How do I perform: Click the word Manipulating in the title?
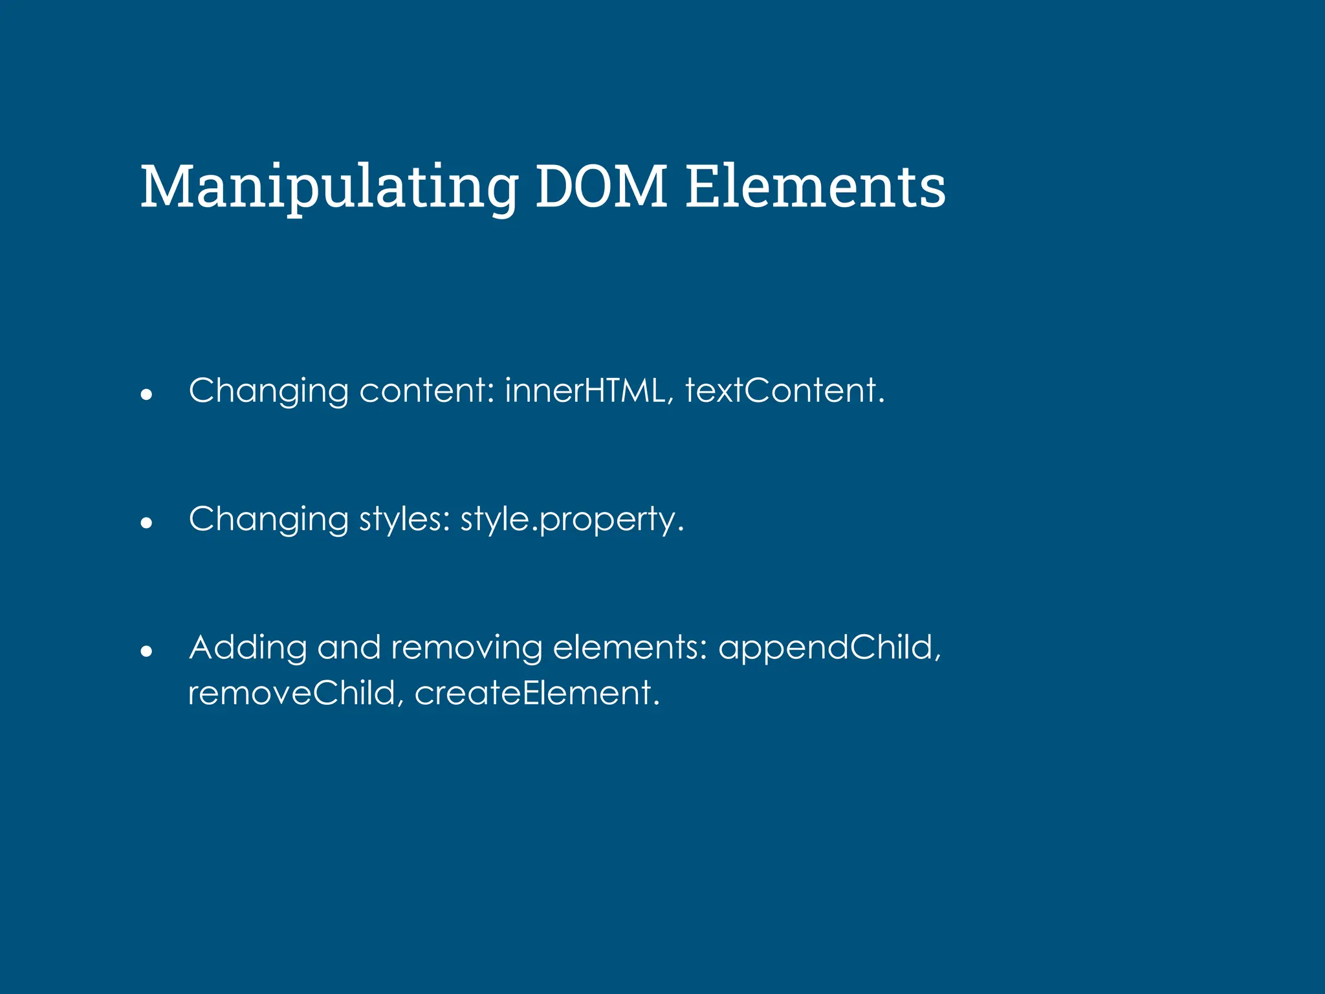[x=329, y=188]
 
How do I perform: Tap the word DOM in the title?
[x=601, y=188]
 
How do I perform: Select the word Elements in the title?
[x=815, y=188]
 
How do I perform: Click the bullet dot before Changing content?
[x=146, y=393]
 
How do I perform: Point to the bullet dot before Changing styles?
[x=146, y=522]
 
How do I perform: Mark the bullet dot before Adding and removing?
[x=146, y=650]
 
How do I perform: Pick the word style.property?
[x=572, y=520]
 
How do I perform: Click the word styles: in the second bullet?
[x=405, y=520]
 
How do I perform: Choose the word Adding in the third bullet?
[x=248, y=648]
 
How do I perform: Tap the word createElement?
[x=536, y=693]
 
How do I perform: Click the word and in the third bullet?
[x=349, y=648]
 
